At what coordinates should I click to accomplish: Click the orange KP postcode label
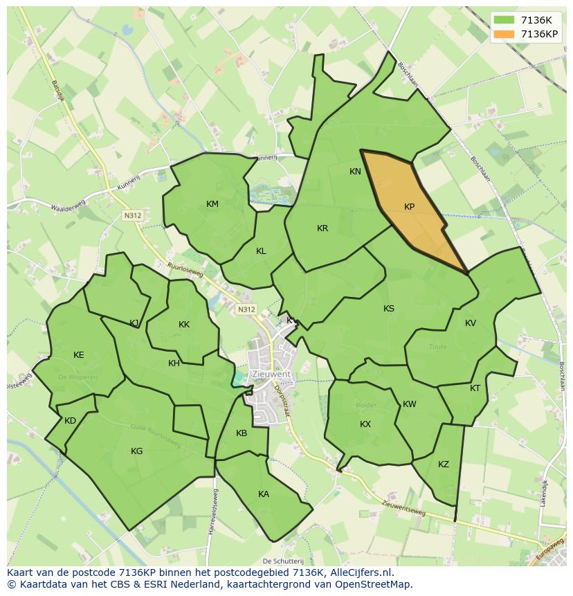[409, 207]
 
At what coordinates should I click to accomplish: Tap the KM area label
[212, 204]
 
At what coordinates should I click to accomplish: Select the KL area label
[261, 251]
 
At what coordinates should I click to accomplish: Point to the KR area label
[322, 228]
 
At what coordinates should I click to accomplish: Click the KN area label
[355, 172]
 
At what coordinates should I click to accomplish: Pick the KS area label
[389, 309]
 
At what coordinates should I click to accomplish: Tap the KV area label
[471, 323]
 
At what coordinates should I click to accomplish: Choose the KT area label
[475, 388]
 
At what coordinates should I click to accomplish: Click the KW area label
[410, 404]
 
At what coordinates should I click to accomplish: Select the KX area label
[365, 424]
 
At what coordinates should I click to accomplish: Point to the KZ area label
[444, 464]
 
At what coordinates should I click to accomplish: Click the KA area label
[264, 494]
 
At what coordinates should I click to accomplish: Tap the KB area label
[242, 434]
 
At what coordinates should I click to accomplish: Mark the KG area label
[137, 451]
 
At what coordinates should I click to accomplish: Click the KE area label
[79, 355]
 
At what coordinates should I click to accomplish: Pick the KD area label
[70, 421]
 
